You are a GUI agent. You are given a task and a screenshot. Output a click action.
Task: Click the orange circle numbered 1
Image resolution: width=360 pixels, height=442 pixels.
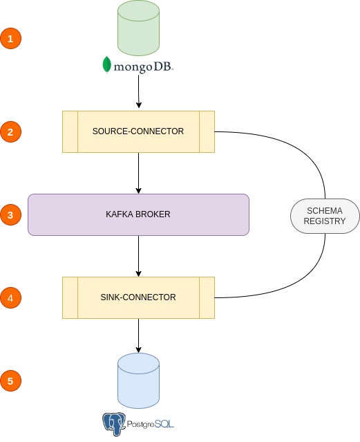coord(10,38)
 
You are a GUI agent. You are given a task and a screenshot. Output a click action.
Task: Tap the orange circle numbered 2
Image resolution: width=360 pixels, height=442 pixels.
coord(10,131)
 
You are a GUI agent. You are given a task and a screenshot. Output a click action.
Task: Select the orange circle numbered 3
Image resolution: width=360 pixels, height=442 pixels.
coord(10,214)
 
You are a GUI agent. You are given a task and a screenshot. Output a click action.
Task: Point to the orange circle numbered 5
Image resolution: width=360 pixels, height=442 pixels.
coord(10,380)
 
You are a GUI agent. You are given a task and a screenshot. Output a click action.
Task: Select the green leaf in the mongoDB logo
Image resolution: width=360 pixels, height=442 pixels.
coord(106,65)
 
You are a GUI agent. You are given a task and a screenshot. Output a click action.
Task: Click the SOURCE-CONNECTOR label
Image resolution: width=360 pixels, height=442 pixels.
coord(138,131)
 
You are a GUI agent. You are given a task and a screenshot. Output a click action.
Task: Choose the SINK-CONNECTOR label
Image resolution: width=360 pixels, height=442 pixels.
coord(138,297)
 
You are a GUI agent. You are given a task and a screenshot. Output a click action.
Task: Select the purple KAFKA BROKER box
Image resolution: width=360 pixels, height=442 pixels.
coord(138,214)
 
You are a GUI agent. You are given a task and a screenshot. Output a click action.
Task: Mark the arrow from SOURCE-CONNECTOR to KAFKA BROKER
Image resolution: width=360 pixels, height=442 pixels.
coord(139,173)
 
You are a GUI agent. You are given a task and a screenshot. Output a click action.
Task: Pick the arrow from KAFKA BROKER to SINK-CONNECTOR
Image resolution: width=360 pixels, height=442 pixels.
coord(139,256)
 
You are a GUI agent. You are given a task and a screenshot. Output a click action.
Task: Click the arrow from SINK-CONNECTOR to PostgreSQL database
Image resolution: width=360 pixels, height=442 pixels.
coord(139,335)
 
